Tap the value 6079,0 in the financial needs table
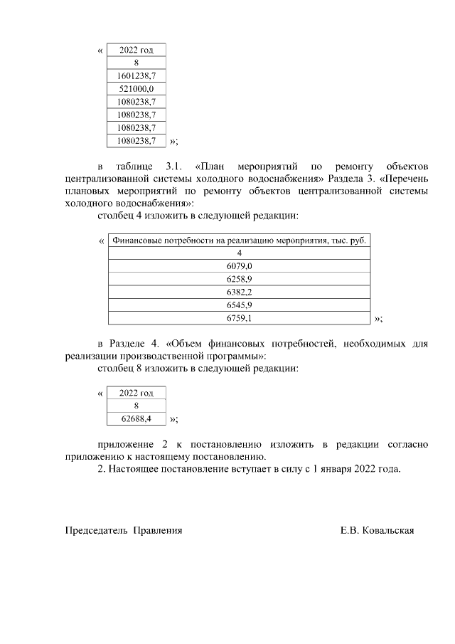click(240, 266)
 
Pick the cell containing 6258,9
click(240, 279)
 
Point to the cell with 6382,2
click(240, 292)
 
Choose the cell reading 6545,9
click(240, 305)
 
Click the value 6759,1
click(240, 318)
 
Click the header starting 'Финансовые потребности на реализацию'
click(240, 241)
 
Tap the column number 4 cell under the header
click(240, 253)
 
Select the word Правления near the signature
click(158, 530)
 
